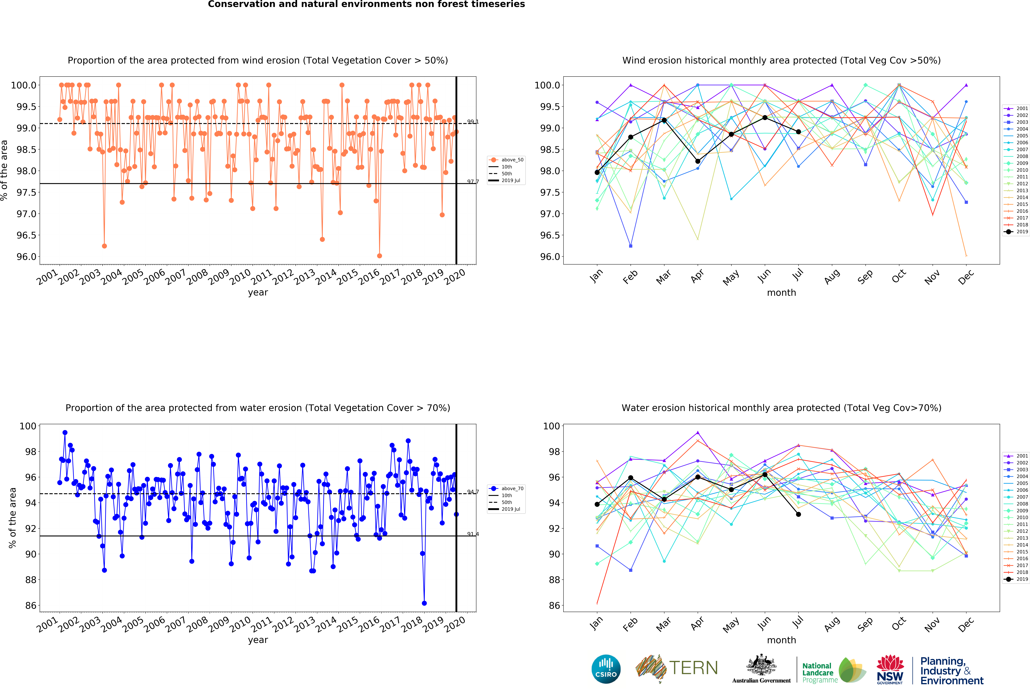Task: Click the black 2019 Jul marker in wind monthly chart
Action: pos(798,132)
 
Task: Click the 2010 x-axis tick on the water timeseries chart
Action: pos(241,624)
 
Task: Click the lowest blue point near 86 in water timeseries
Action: pos(424,603)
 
